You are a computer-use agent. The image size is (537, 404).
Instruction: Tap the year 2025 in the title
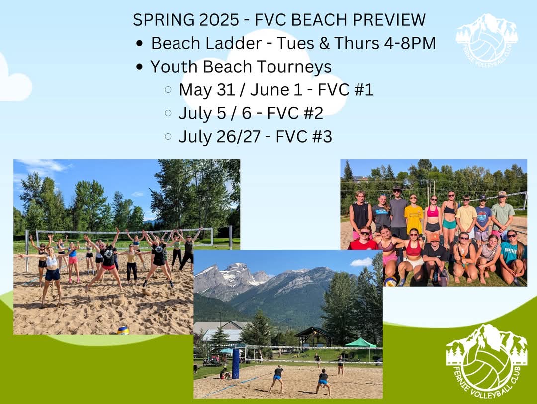click(219, 20)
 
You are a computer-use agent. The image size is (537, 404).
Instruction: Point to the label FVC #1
click(345, 90)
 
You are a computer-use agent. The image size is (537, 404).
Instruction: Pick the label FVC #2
click(295, 113)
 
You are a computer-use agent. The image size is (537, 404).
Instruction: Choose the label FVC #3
click(304, 136)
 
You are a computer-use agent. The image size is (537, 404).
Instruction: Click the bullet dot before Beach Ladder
click(139, 44)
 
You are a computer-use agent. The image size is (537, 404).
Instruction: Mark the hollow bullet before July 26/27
click(168, 136)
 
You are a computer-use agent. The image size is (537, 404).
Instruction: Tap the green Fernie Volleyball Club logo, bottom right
click(486, 361)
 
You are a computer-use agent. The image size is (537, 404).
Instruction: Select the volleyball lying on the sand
click(123, 331)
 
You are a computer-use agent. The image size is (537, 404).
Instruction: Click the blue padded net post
click(236, 364)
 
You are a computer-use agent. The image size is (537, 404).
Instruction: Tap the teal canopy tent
click(360, 343)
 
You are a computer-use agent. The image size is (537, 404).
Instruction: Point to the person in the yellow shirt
click(413, 219)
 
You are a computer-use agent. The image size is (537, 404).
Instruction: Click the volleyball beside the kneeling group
click(390, 281)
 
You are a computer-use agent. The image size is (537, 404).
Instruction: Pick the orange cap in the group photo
click(434, 237)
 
